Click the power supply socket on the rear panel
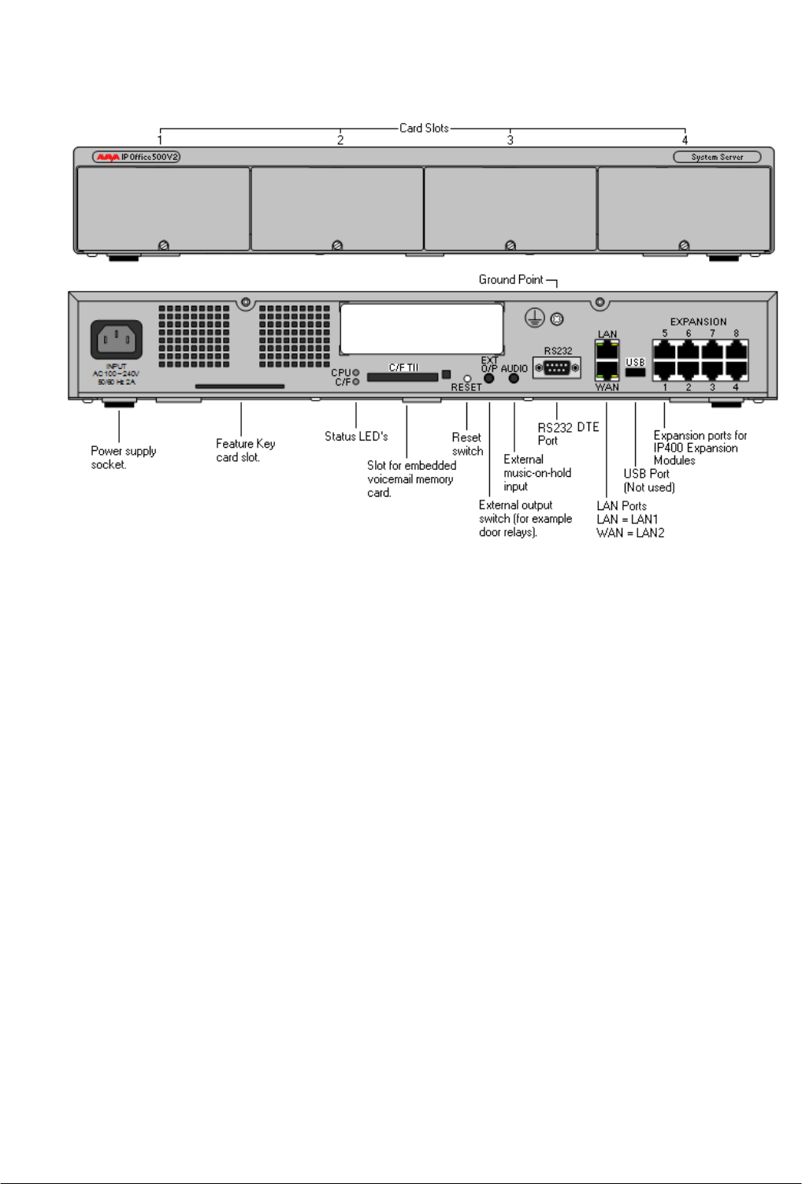pos(117,340)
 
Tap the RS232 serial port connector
pos(557,367)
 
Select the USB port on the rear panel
pos(635,372)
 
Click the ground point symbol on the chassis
pos(535,318)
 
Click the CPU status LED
pos(356,372)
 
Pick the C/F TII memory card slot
pos(402,378)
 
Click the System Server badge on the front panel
pos(717,157)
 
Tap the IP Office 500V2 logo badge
pos(136,157)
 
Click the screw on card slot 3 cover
pos(511,245)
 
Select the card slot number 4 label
pos(685,140)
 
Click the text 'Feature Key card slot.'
pos(245,450)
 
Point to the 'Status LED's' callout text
pos(356,436)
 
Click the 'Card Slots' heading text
pos(424,128)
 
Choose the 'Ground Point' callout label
pos(511,280)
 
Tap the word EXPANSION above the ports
pos(698,322)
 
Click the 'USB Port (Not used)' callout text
pos(648,480)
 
